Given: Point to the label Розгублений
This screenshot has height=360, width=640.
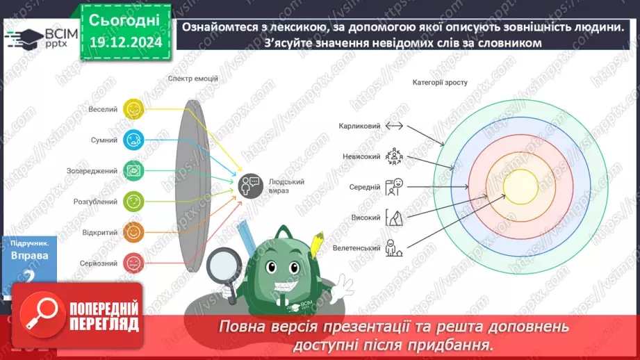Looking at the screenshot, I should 97,202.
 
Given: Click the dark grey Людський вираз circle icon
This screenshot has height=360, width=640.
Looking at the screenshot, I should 248,185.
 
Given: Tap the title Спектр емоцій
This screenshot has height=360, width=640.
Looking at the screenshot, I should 192,79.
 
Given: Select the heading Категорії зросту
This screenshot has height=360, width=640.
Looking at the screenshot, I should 439,82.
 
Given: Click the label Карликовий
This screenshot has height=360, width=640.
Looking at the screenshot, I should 360,126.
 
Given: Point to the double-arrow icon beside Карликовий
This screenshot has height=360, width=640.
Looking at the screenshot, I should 394,126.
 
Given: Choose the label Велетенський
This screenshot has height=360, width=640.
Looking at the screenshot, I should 356,248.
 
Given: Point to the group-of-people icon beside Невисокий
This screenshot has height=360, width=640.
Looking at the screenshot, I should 394,156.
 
